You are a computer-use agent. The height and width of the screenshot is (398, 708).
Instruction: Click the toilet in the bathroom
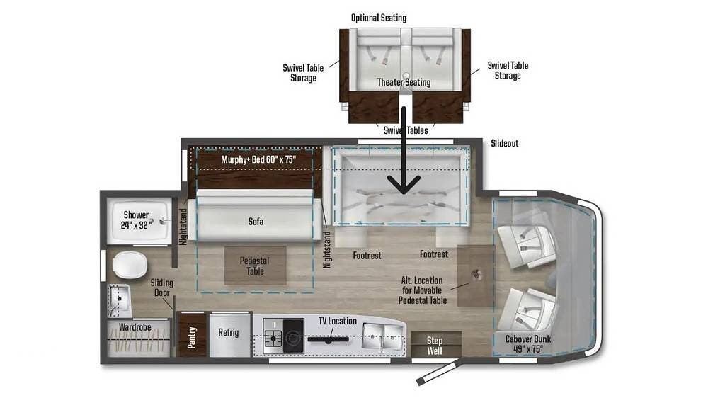pyautogui.click(x=130, y=265)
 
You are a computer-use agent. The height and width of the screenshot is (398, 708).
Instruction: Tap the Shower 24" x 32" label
pyautogui.click(x=136, y=220)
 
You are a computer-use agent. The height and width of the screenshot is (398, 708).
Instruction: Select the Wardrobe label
pyautogui.click(x=135, y=326)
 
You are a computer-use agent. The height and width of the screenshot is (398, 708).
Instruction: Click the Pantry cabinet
pyautogui.click(x=193, y=335)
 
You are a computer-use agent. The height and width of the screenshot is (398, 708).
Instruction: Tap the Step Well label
pyautogui.click(x=435, y=346)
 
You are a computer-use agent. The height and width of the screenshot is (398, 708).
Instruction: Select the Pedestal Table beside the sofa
pyautogui.click(x=255, y=265)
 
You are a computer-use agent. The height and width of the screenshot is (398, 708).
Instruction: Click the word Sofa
pyautogui.click(x=256, y=222)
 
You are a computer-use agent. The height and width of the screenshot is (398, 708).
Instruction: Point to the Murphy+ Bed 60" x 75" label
pyautogui.click(x=258, y=159)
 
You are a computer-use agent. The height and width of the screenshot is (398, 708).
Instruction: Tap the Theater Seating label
pyautogui.click(x=404, y=82)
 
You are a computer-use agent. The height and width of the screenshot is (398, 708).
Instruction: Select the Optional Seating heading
pyautogui.click(x=379, y=18)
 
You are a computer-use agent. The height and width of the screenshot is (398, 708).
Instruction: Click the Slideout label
pyautogui.click(x=504, y=143)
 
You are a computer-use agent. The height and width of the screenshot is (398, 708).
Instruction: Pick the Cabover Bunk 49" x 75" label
pyautogui.click(x=528, y=343)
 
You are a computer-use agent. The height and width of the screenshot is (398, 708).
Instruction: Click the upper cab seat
pyautogui.click(x=527, y=245)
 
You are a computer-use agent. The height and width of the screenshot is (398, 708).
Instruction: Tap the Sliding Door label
pyautogui.click(x=161, y=288)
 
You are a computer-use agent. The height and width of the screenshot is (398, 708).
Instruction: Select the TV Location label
pyautogui.click(x=338, y=321)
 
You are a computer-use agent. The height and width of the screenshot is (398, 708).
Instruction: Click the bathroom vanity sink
pyautogui.click(x=119, y=300)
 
